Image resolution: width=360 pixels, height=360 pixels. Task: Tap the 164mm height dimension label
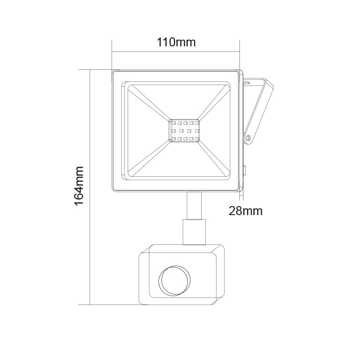(80, 185)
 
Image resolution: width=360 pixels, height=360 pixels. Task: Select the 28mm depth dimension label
(245, 210)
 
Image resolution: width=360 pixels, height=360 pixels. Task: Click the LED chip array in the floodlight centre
(185, 130)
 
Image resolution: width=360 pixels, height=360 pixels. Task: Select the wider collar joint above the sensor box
(194, 230)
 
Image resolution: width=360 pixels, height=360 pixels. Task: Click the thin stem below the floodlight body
(191, 206)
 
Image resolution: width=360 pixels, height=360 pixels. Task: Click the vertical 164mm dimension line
(90, 135)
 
